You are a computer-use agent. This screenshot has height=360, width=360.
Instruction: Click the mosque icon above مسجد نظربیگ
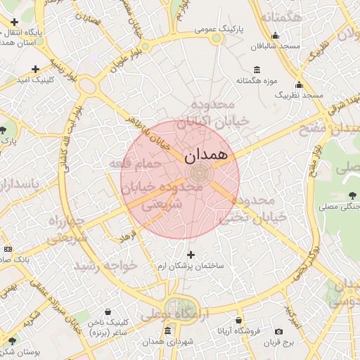(299, 85)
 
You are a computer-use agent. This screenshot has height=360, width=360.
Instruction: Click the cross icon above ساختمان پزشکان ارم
(191, 254)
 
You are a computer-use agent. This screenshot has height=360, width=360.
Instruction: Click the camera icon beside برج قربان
(279, 331)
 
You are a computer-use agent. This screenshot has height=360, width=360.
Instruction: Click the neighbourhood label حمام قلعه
(135, 164)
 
